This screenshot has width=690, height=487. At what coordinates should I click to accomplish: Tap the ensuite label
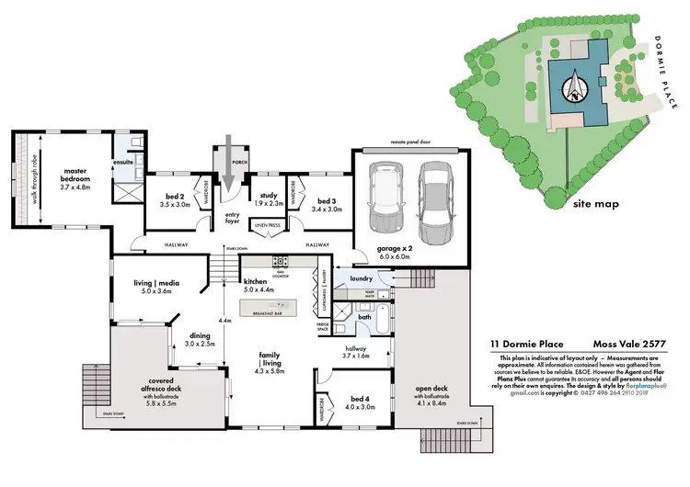[123, 163]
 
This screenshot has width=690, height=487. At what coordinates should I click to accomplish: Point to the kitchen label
[254, 281]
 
